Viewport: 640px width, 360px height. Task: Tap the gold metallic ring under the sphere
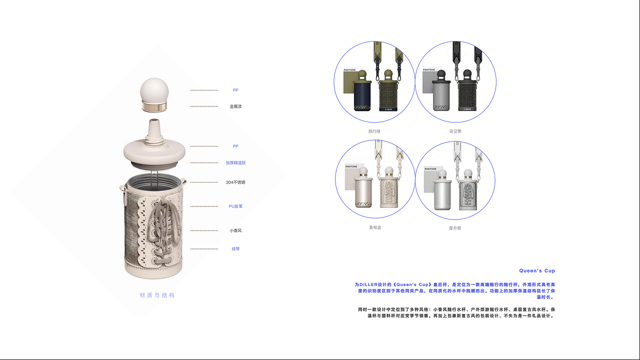pos(155,106)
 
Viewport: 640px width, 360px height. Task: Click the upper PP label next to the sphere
pos(235,90)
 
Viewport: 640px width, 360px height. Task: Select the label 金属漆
pos(235,106)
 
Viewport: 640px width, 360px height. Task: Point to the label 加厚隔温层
pos(235,163)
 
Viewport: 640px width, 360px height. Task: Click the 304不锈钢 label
pos(235,182)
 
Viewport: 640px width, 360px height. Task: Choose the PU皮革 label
pos(235,206)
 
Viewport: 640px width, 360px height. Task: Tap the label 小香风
pos(235,231)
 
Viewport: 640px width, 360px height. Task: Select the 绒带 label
pos(235,249)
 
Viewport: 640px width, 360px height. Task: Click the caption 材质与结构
pos(157,295)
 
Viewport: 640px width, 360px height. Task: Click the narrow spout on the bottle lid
pos(155,125)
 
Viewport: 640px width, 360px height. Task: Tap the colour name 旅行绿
pos(374,131)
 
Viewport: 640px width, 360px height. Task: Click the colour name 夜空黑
pos(455,131)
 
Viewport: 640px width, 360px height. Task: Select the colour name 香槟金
pos(375,227)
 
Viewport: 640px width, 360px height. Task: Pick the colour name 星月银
pos(455,228)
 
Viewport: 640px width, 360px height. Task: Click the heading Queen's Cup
pos(537,271)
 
